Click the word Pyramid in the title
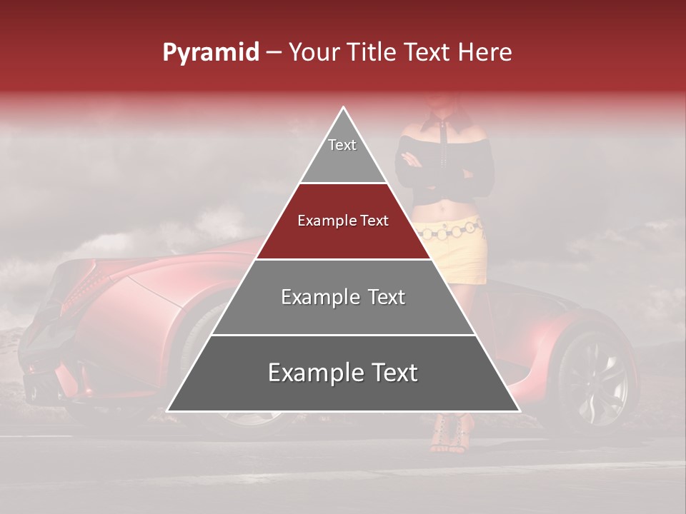click(210, 53)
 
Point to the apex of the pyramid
click(344, 108)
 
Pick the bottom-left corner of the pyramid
click(168, 410)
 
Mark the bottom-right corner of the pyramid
click(519, 410)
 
